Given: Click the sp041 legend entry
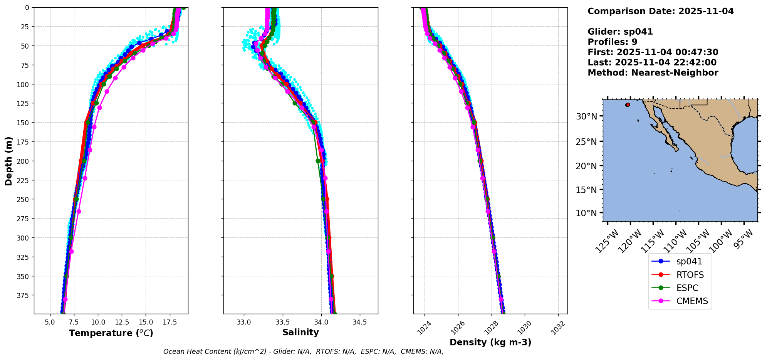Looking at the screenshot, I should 689,261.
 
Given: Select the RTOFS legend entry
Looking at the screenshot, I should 690,275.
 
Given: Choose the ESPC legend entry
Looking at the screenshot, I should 687,288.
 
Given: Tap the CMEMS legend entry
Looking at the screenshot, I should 692,301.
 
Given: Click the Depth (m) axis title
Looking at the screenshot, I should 8,161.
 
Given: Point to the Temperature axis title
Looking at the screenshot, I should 111,333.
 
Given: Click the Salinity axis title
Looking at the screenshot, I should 300,332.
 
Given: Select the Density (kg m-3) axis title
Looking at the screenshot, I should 490,342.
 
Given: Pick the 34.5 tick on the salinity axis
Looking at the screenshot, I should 360,322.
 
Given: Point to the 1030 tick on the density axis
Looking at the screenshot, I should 524,327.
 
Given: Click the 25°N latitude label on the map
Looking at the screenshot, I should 586,142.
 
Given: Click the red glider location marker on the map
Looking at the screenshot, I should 628,105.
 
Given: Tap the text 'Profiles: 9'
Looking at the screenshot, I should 612,42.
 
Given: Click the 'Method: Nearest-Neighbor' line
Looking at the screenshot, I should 653,73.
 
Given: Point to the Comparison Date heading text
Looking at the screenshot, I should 660,11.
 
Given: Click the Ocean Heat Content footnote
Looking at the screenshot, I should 303,352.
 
